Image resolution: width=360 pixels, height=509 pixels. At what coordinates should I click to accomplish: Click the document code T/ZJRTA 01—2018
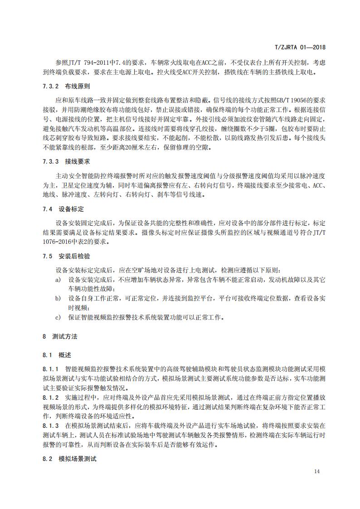tap(301, 47)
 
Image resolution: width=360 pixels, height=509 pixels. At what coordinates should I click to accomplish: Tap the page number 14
tap(317, 471)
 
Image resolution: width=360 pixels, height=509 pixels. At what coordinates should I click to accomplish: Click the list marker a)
tap(58, 280)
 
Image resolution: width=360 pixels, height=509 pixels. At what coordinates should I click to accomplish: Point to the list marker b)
tap(58, 298)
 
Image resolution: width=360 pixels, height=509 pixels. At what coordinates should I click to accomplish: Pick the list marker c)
tap(58, 317)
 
